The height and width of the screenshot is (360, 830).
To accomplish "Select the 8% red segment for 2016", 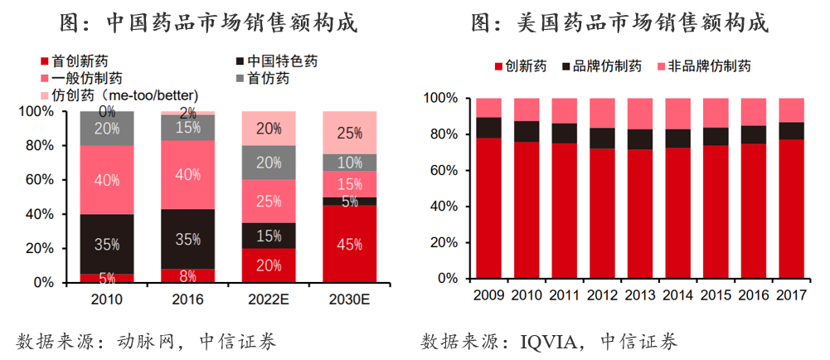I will point(187,275).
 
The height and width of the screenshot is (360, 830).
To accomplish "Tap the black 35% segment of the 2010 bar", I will point(107,244).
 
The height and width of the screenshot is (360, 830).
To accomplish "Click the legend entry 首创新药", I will point(79,61).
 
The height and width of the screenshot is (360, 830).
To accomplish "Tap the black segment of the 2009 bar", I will point(488,128).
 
